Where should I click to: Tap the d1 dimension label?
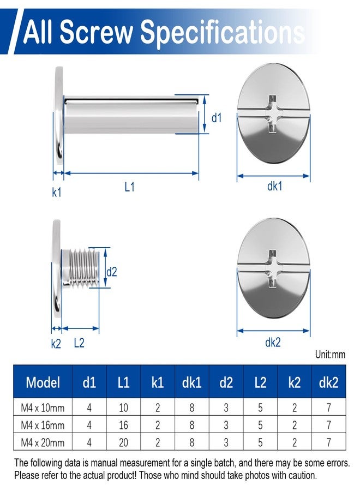click(x=217, y=118)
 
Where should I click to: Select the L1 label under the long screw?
click(x=129, y=187)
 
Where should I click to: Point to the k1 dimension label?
click(x=56, y=192)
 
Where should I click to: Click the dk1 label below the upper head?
click(x=274, y=186)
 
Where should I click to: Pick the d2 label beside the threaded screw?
click(x=111, y=272)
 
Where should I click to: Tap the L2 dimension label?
click(x=79, y=343)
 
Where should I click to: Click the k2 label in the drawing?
click(x=56, y=344)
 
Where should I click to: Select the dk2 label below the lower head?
click(x=273, y=342)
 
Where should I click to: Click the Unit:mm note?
click(x=330, y=355)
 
